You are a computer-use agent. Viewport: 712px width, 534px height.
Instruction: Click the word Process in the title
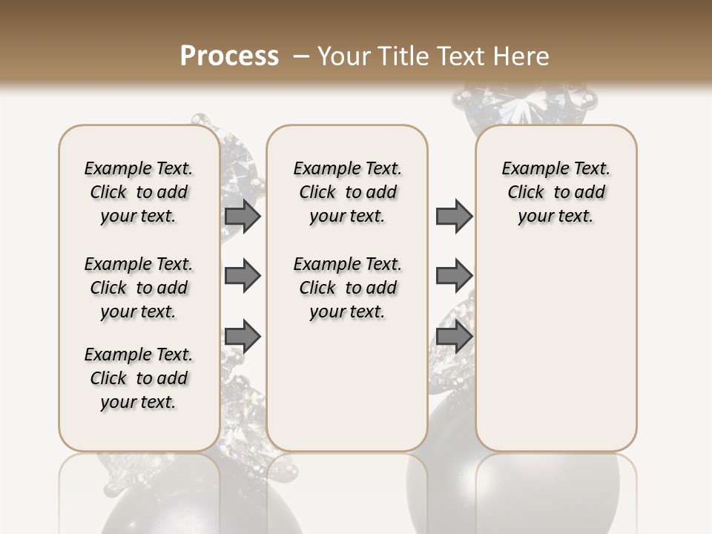pyautogui.click(x=229, y=56)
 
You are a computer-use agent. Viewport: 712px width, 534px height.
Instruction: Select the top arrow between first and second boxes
pyautogui.click(x=243, y=216)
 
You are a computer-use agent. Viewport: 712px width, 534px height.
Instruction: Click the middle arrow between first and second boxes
pyautogui.click(x=243, y=276)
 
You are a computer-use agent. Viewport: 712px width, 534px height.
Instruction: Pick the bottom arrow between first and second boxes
pyautogui.click(x=243, y=337)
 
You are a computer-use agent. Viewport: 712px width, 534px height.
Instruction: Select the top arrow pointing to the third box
pyautogui.click(x=454, y=216)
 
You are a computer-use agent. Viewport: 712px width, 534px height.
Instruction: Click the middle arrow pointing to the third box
pyautogui.click(x=454, y=276)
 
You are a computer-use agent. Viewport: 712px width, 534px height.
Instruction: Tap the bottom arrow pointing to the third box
pyautogui.click(x=454, y=337)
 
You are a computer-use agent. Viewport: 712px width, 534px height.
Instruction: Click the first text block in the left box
pyautogui.click(x=139, y=192)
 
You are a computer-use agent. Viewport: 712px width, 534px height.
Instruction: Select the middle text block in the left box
pyautogui.click(x=139, y=288)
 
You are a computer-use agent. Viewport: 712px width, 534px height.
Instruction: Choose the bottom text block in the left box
pyautogui.click(x=139, y=378)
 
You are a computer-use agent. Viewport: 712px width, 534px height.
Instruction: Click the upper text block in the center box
pyautogui.click(x=347, y=192)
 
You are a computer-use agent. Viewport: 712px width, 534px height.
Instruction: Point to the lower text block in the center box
pyautogui.click(x=347, y=288)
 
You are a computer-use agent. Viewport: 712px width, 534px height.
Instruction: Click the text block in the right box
pyautogui.click(x=556, y=192)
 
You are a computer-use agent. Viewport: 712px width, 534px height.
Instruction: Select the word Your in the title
pyautogui.click(x=345, y=56)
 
